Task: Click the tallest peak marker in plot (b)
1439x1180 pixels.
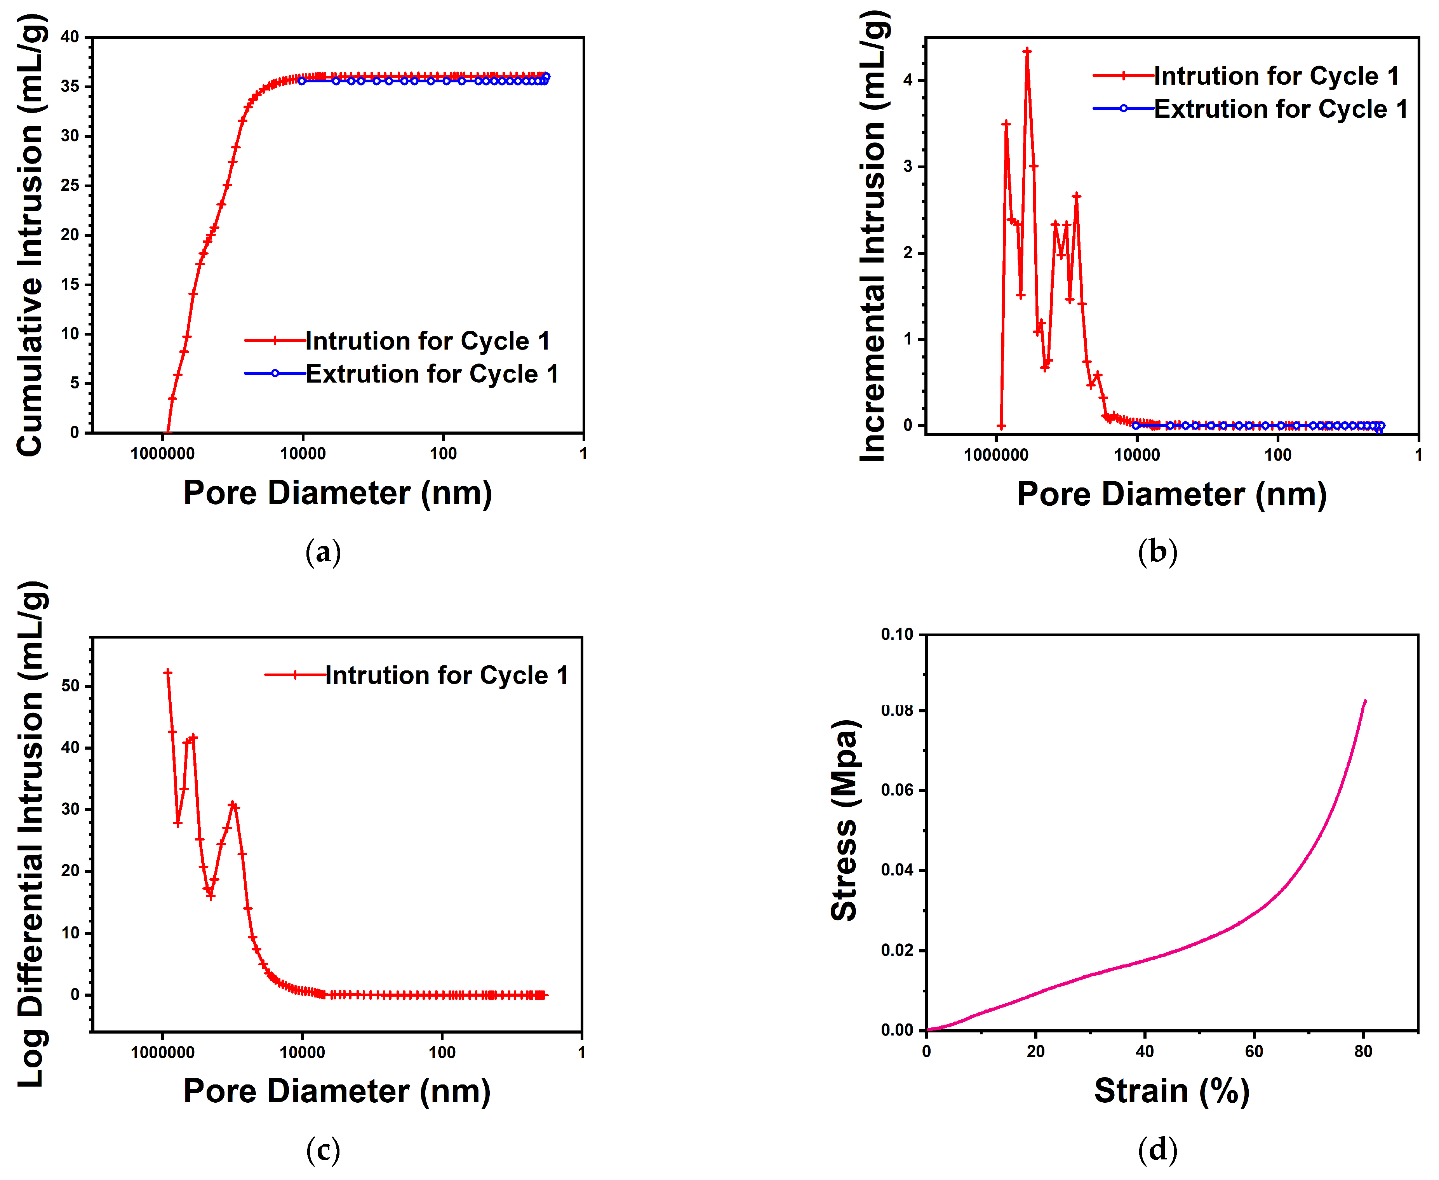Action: [x=1027, y=51]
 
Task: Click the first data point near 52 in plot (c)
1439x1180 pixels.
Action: [x=168, y=672]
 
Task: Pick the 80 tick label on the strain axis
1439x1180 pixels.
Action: [x=1363, y=1051]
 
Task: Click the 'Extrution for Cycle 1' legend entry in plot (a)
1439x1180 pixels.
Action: [x=431, y=374]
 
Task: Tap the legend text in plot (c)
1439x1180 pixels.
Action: [x=446, y=675]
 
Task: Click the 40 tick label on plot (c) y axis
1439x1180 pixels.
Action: [x=70, y=747]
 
